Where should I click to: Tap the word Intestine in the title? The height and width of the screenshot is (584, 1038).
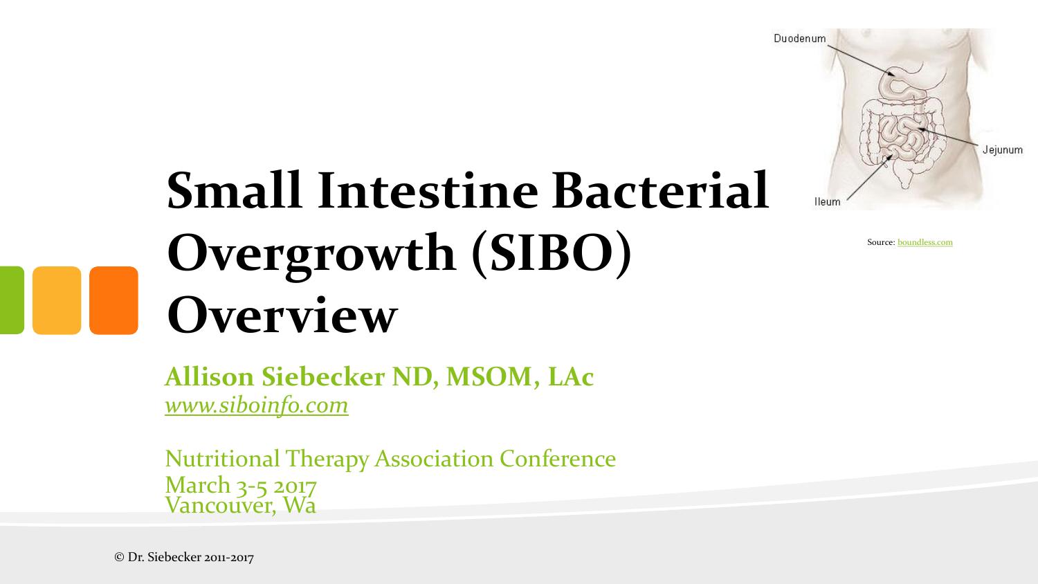[428, 190]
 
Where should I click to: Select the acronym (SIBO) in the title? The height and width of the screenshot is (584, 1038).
[551, 252]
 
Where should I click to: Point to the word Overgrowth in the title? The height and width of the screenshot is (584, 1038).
[311, 253]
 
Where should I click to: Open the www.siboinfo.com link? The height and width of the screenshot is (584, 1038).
[256, 405]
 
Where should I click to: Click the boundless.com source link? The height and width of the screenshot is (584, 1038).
[925, 242]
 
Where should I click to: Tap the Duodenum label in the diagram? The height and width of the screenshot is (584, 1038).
[799, 39]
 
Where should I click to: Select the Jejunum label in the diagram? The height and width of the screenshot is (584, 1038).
[1002, 149]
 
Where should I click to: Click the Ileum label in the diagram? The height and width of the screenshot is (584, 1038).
[828, 201]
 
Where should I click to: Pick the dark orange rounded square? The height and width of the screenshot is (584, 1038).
[113, 300]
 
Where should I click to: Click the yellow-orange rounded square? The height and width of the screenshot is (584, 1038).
[57, 300]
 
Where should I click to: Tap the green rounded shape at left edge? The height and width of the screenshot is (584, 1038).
[11, 300]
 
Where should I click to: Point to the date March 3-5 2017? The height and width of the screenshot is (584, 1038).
[241, 485]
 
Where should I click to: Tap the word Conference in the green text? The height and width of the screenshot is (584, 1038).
[558, 459]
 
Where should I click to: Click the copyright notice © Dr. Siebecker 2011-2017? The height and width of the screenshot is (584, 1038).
[184, 558]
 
